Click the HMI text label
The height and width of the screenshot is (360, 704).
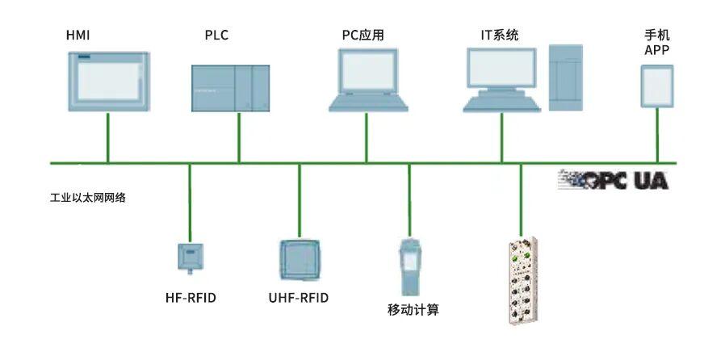coord(78,35)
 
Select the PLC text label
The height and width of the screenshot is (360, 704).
coord(216,35)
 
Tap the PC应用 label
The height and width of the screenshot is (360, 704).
coord(362,35)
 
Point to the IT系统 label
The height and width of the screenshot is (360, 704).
coord(499,35)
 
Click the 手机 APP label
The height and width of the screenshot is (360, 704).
coord(657,42)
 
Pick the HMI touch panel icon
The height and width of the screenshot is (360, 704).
coord(109,82)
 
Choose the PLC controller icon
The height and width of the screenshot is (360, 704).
coord(230,88)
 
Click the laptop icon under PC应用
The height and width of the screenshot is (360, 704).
coord(368,80)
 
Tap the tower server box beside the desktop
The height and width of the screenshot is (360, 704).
coord(566,77)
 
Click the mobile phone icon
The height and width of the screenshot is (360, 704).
coord(657,86)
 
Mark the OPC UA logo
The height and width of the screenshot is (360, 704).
coord(613,181)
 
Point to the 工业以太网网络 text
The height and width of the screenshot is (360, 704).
coord(88,198)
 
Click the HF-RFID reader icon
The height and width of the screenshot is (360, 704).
coord(191,257)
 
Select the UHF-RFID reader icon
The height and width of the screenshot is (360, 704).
coord(300,260)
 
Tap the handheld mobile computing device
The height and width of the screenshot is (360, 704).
coord(410,266)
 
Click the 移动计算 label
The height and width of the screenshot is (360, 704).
coord(413,310)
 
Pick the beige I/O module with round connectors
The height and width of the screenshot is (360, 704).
coord(523,281)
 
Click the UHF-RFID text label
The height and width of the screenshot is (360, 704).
coord(299,298)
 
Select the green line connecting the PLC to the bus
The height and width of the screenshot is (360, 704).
coord(239,137)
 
